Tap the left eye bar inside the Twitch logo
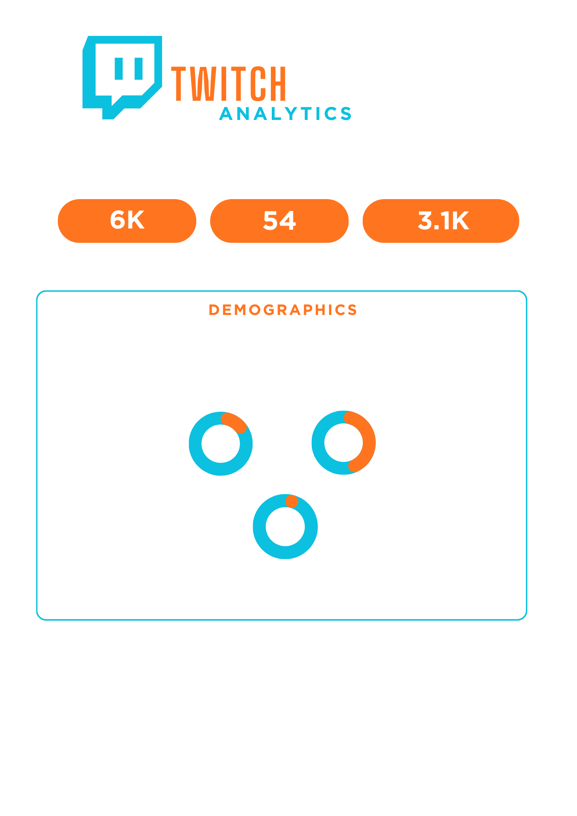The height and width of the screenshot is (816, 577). [x=119, y=69]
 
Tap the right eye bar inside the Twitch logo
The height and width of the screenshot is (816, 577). [x=138, y=69]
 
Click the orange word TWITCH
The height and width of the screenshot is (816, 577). [x=229, y=84]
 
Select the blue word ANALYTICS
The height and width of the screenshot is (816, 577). [x=285, y=114]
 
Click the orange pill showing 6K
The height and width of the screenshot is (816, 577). [x=127, y=221]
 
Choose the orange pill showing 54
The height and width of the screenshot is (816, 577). [x=279, y=221]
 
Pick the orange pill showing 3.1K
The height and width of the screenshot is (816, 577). [x=441, y=221]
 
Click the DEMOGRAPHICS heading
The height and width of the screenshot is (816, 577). [x=283, y=310]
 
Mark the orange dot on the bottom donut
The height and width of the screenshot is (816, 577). [x=292, y=501]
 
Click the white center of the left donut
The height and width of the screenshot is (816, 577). [x=221, y=443]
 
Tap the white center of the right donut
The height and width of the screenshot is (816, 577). [x=343, y=443]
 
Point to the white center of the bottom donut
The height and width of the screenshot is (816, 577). [x=285, y=526]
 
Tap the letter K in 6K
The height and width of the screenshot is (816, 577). [x=136, y=220]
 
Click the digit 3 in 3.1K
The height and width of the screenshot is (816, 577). [x=425, y=221]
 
